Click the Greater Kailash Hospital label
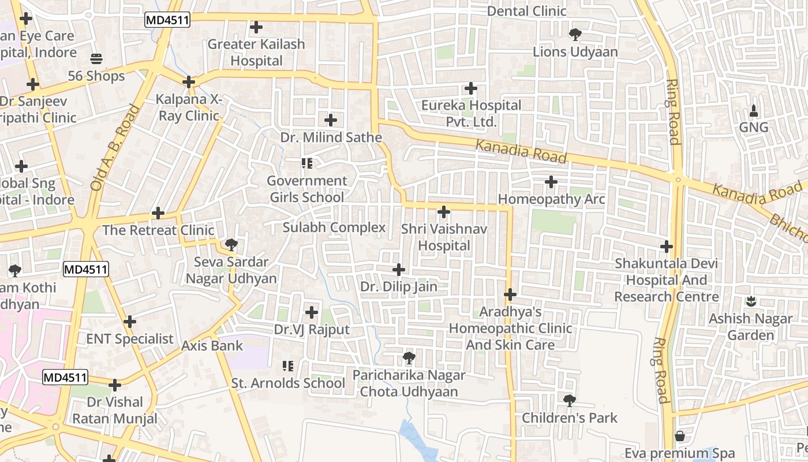[x=256, y=53]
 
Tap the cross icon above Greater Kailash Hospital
[x=256, y=27]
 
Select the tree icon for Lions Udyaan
[x=575, y=35]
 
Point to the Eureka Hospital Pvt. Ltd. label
[x=471, y=114]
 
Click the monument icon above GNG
[x=754, y=110]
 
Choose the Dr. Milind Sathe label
[x=331, y=137]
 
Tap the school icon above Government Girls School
[x=307, y=164]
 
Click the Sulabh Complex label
[x=334, y=228]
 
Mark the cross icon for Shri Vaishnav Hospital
[x=444, y=212]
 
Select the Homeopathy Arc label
[x=551, y=199]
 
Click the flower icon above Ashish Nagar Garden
[x=751, y=301]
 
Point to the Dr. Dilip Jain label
[x=398, y=286]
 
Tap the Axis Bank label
[x=212, y=346]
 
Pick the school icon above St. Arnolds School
[x=287, y=366]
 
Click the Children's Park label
[x=569, y=418]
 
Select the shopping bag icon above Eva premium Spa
[x=680, y=436]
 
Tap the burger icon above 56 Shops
[x=96, y=59]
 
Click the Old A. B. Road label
[x=115, y=148]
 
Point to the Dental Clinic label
[x=526, y=11]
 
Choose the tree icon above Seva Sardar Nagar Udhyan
[x=231, y=245]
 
